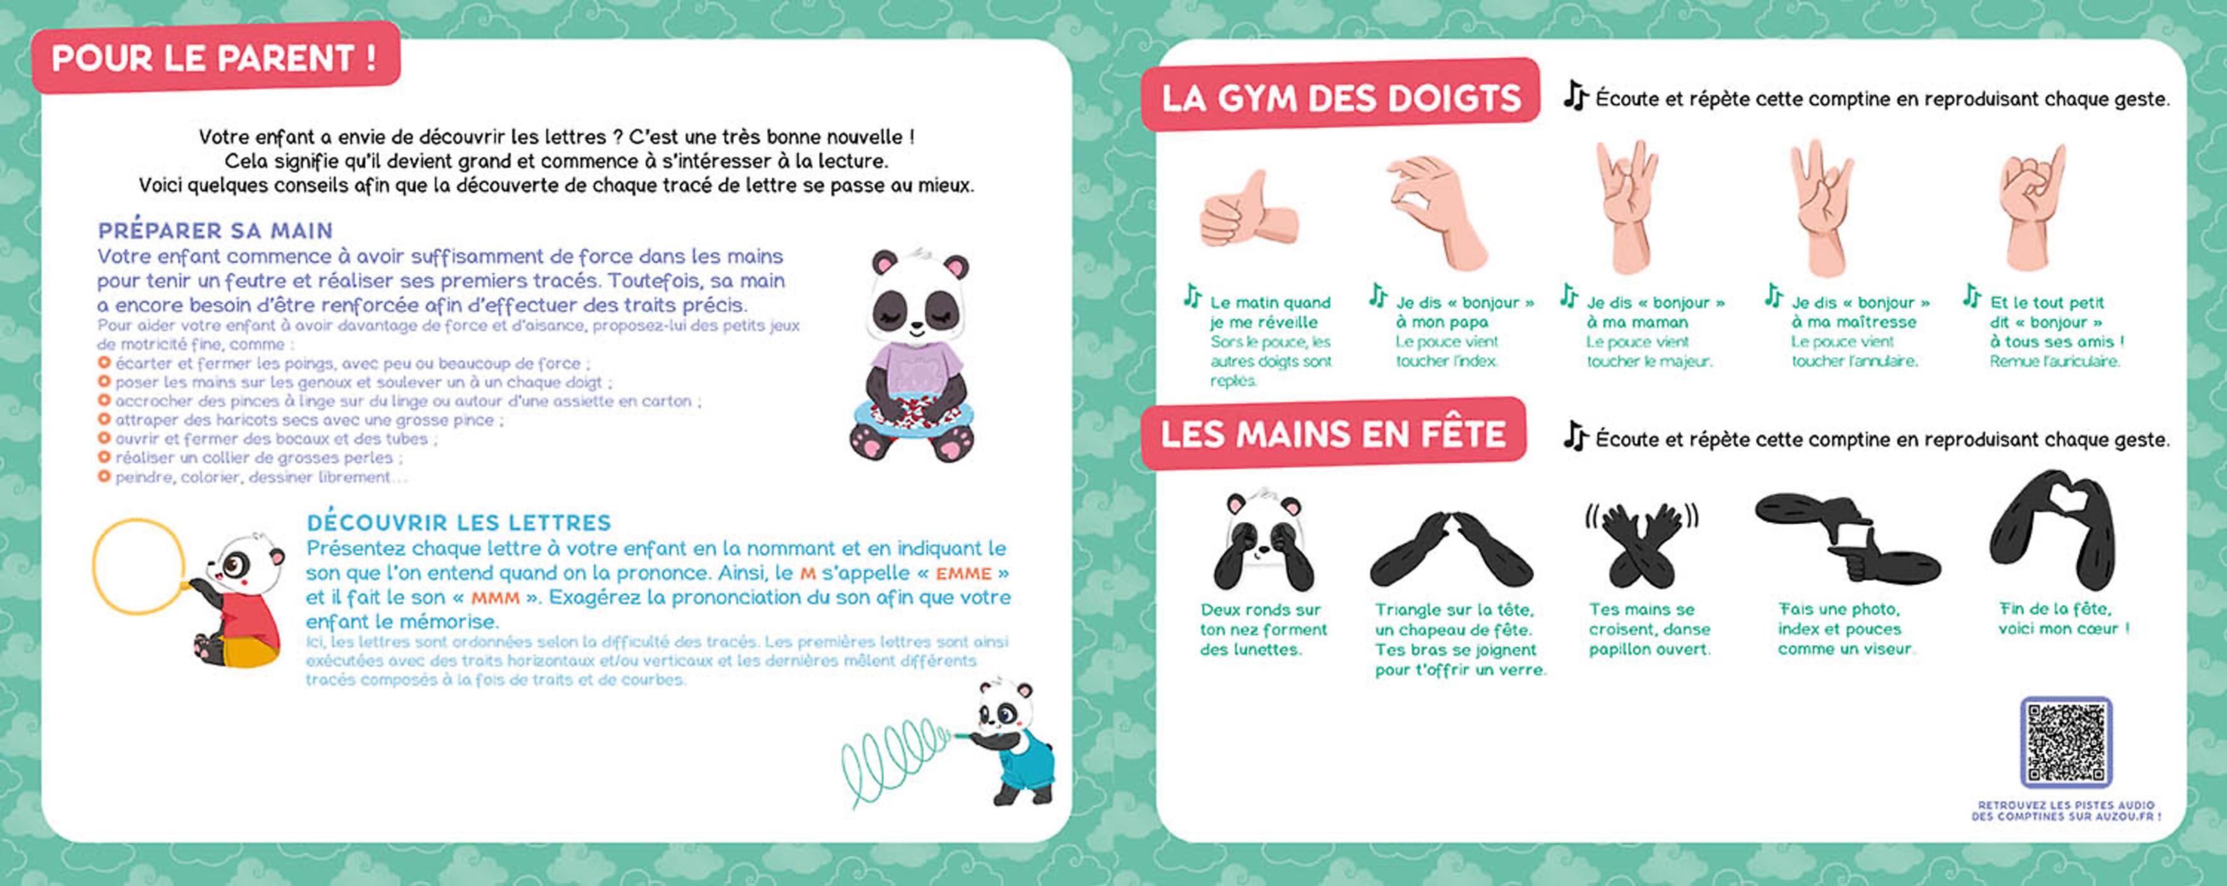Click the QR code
pos(2066,742)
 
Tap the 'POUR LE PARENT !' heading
pos(215,58)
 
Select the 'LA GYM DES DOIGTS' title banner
pos(1340,97)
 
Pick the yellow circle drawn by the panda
pos(139,566)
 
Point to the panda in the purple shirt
pos(917,354)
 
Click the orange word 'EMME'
pos(963,573)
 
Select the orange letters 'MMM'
pos(496,597)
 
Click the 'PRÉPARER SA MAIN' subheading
pos(215,231)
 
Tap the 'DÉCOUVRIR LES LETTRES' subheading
pos(459,523)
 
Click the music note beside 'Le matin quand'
pos(1193,296)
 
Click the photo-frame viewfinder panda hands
pos(1847,538)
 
